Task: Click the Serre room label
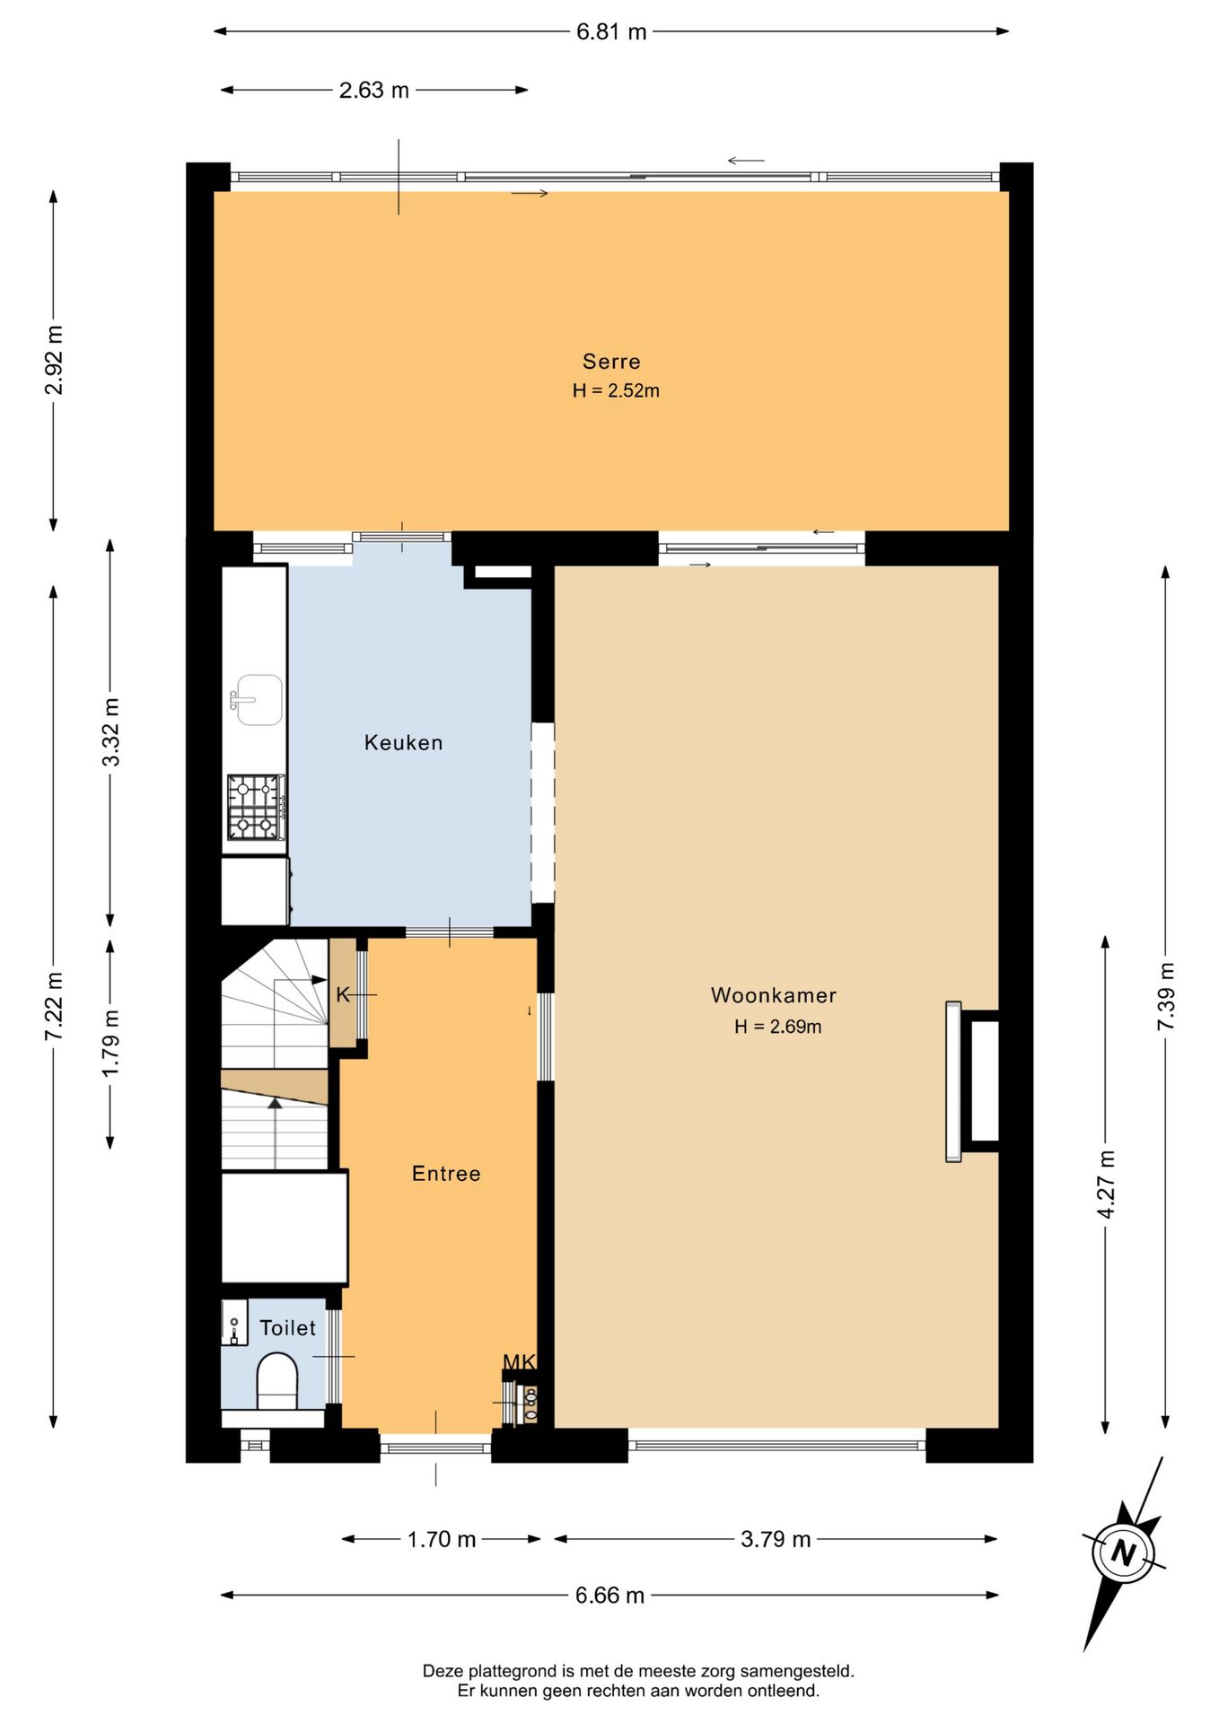pos(611,362)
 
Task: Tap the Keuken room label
pos(404,743)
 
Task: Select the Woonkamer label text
pos(774,995)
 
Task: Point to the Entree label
pos(446,1174)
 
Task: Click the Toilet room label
pos(288,1328)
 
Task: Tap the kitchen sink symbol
pos(258,700)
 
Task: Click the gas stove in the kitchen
pos(257,808)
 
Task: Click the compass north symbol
pos(1124,1553)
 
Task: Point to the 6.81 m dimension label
pos(611,32)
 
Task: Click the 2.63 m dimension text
pos(374,91)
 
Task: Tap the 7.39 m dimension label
pos(1165,997)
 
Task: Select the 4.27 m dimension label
pos(1106,1185)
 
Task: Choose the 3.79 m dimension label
pos(776,1540)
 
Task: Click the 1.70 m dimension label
pos(442,1540)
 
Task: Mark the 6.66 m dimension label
pos(610,1596)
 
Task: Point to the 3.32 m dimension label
pos(110,732)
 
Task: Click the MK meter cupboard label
pos(519,1362)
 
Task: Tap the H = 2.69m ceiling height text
pos(778,1027)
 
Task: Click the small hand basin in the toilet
pos(234,1323)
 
